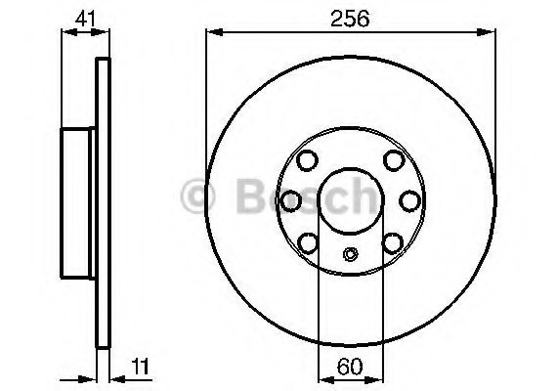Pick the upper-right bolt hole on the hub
click(393, 159)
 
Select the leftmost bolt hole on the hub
click(290, 200)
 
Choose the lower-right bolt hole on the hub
click(393, 241)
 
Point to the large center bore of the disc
click(349, 200)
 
